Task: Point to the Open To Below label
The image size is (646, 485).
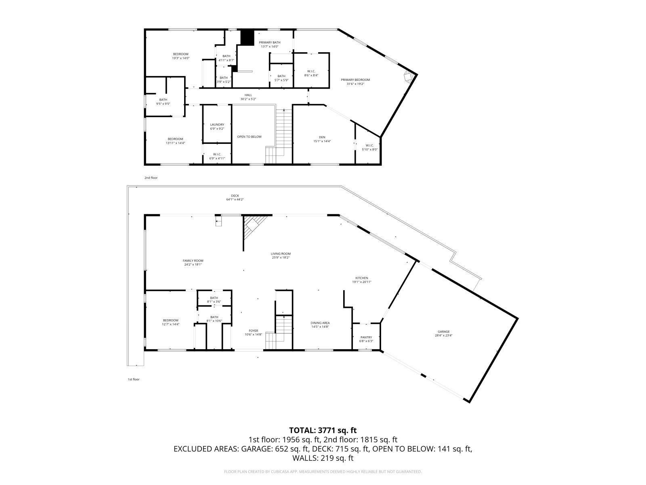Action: click(x=249, y=137)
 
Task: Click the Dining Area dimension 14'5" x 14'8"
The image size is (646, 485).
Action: click(x=320, y=327)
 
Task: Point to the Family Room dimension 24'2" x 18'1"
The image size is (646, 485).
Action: click(x=193, y=264)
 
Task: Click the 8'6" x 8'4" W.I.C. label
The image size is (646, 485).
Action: click(x=311, y=73)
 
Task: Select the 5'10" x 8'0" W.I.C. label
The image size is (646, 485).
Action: click(x=369, y=147)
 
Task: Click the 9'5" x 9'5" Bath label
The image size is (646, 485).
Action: click(x=163, y=101)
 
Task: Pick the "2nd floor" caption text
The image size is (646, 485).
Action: click(x=151, y=178)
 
